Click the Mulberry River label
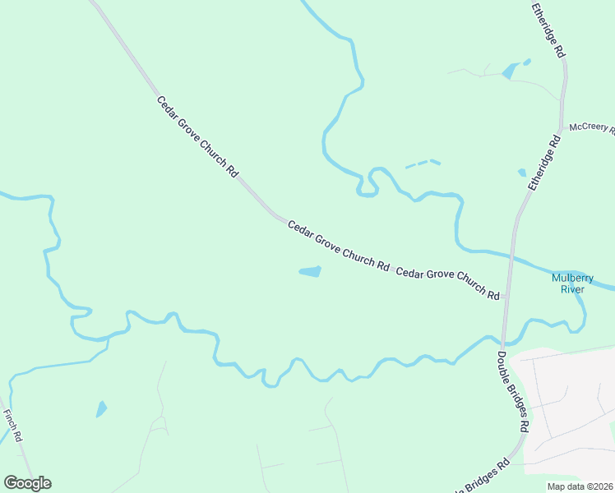click(x=567, y=283)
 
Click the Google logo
click(x=27, y=483)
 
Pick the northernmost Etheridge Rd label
click(x=548, y=30)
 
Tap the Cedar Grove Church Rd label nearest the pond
click(x=338, y=245)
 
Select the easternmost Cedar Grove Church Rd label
click(x=448, y=283)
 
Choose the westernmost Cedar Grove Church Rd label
click(x=197, y=137)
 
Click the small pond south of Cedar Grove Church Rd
click(x=310, y=271)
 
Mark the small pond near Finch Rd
click(x=101, y=408)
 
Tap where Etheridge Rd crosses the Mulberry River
click(x=511, y=252)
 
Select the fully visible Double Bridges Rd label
click(x=513, y=394)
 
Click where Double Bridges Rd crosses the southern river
click(x=503, y=341)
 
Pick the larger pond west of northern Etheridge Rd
click(x=508, y=71)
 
